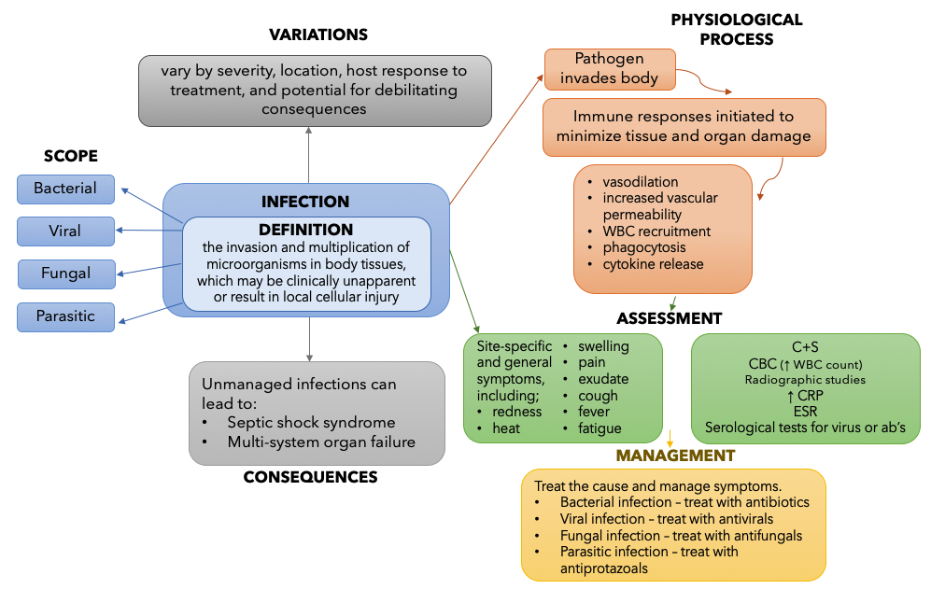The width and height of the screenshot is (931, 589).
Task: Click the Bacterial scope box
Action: tap(65, 189)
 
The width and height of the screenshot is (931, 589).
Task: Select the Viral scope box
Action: tap(65, 231)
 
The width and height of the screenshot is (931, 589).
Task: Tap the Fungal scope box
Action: tap(65, 273)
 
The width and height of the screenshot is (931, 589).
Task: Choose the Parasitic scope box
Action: tap(65, 316)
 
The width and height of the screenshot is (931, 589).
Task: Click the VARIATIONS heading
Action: tap(318, 35)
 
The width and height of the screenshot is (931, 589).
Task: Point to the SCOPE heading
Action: tap(71, 156)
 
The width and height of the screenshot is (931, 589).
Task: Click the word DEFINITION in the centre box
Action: tap(305, 230)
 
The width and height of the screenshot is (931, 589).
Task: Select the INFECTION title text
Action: tap(305, 202)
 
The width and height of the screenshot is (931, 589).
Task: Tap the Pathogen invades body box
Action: tap(609, 68)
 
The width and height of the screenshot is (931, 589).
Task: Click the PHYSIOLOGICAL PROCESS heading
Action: tap(737, 29)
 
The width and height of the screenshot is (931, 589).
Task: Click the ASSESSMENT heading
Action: tap(670, 318)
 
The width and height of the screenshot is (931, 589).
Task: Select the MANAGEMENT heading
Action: tap(675, 456)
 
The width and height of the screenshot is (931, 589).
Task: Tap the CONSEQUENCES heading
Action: tap(310, 477)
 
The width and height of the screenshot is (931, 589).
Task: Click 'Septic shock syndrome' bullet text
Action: tap(311, 422)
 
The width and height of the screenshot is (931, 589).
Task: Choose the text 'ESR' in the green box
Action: tap(805, 412)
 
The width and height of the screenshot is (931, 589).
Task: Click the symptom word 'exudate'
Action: tap(603, 379)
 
